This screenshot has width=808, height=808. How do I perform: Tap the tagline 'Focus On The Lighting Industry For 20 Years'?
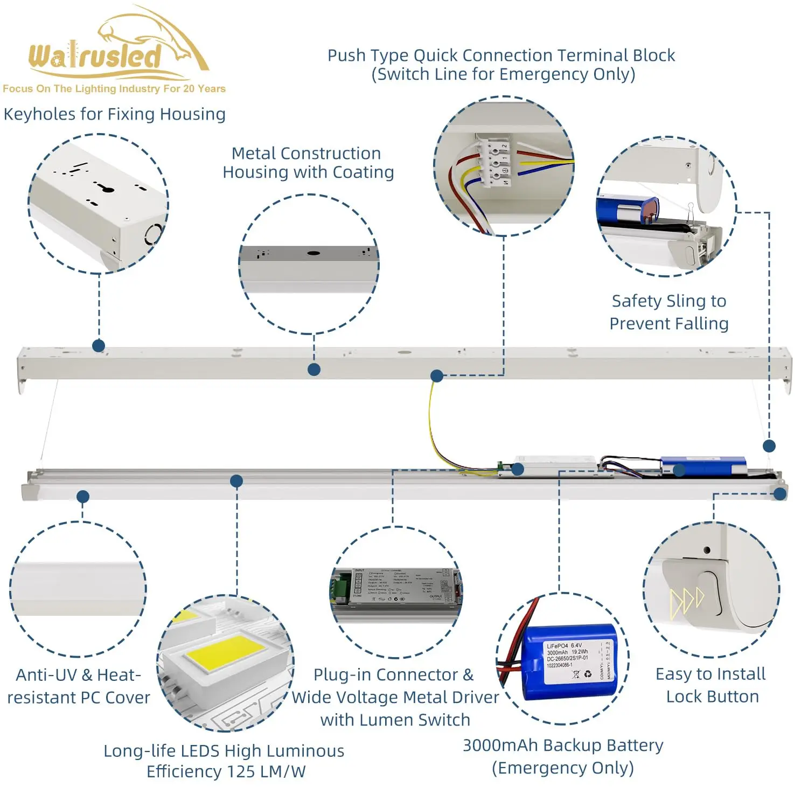point(114,89)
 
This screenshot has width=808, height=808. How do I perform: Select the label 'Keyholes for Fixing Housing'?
point(115,114)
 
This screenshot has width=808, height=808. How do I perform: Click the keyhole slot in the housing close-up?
point(106,188)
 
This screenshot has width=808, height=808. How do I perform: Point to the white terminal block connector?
point(496,163)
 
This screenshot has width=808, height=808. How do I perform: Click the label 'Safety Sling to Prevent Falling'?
point(669,312)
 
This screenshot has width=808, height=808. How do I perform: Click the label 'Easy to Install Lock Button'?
point(711,685)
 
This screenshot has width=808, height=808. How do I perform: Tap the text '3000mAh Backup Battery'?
point(563,746)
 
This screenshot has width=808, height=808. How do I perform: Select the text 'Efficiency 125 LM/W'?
point(226,772)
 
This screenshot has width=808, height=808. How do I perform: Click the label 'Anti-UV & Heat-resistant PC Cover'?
point(79,686)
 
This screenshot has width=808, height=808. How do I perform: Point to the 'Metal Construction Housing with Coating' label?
point(308,163)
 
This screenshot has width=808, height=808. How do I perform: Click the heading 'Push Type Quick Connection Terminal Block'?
point(501,55)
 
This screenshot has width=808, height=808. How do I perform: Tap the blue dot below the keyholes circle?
point(99,346)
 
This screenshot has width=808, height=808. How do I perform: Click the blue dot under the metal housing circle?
point(314,370)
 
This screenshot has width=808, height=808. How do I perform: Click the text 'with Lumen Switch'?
point(395,720)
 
